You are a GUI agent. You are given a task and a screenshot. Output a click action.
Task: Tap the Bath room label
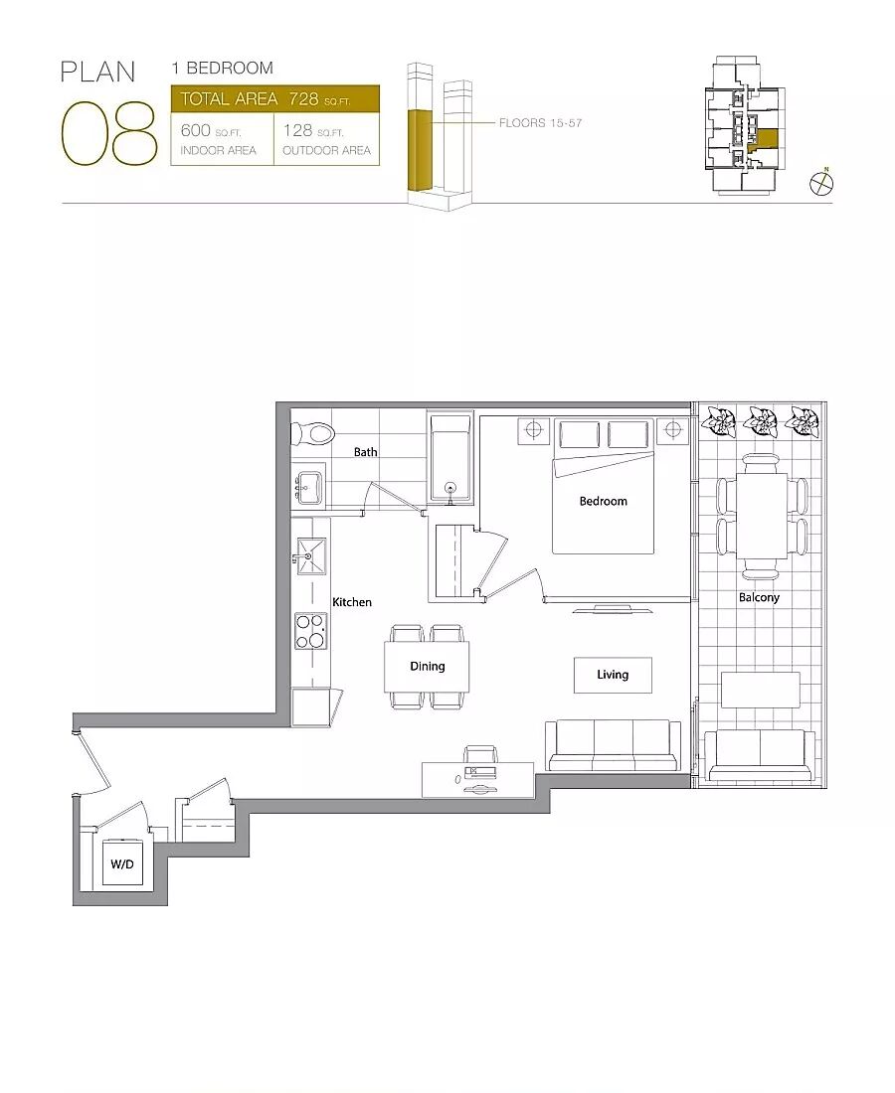366,452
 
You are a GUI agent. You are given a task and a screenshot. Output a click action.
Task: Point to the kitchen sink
311,556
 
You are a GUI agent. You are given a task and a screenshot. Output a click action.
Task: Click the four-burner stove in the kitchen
310,631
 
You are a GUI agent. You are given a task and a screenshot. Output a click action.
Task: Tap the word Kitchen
352,602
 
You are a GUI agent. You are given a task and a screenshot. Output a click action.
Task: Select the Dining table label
427,667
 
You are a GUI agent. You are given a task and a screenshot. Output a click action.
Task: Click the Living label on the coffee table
613,675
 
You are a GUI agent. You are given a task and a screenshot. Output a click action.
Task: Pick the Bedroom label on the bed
604,501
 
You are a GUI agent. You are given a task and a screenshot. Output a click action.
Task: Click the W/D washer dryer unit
122,864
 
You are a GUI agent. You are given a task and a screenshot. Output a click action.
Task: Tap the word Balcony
759,597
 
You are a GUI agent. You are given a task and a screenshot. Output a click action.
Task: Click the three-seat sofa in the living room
613,745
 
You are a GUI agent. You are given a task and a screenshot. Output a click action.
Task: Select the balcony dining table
762,516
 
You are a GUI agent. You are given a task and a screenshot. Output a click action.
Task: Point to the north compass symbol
821,183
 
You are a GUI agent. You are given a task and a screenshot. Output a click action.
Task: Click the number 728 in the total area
303,99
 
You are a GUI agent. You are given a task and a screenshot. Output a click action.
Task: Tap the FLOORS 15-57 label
540,122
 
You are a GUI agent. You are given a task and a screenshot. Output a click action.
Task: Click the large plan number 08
108,133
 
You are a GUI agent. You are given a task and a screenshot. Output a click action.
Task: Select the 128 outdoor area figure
297,130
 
